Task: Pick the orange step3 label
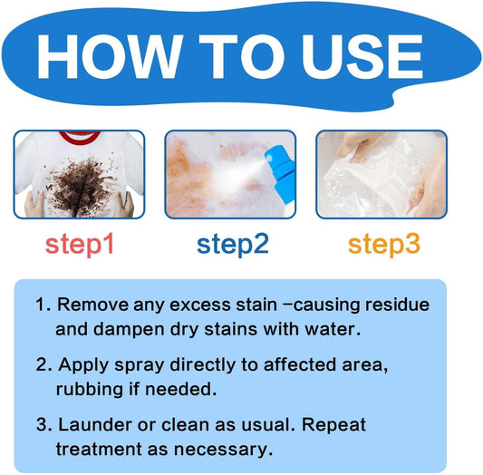384,244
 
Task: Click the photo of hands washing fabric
382,174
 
